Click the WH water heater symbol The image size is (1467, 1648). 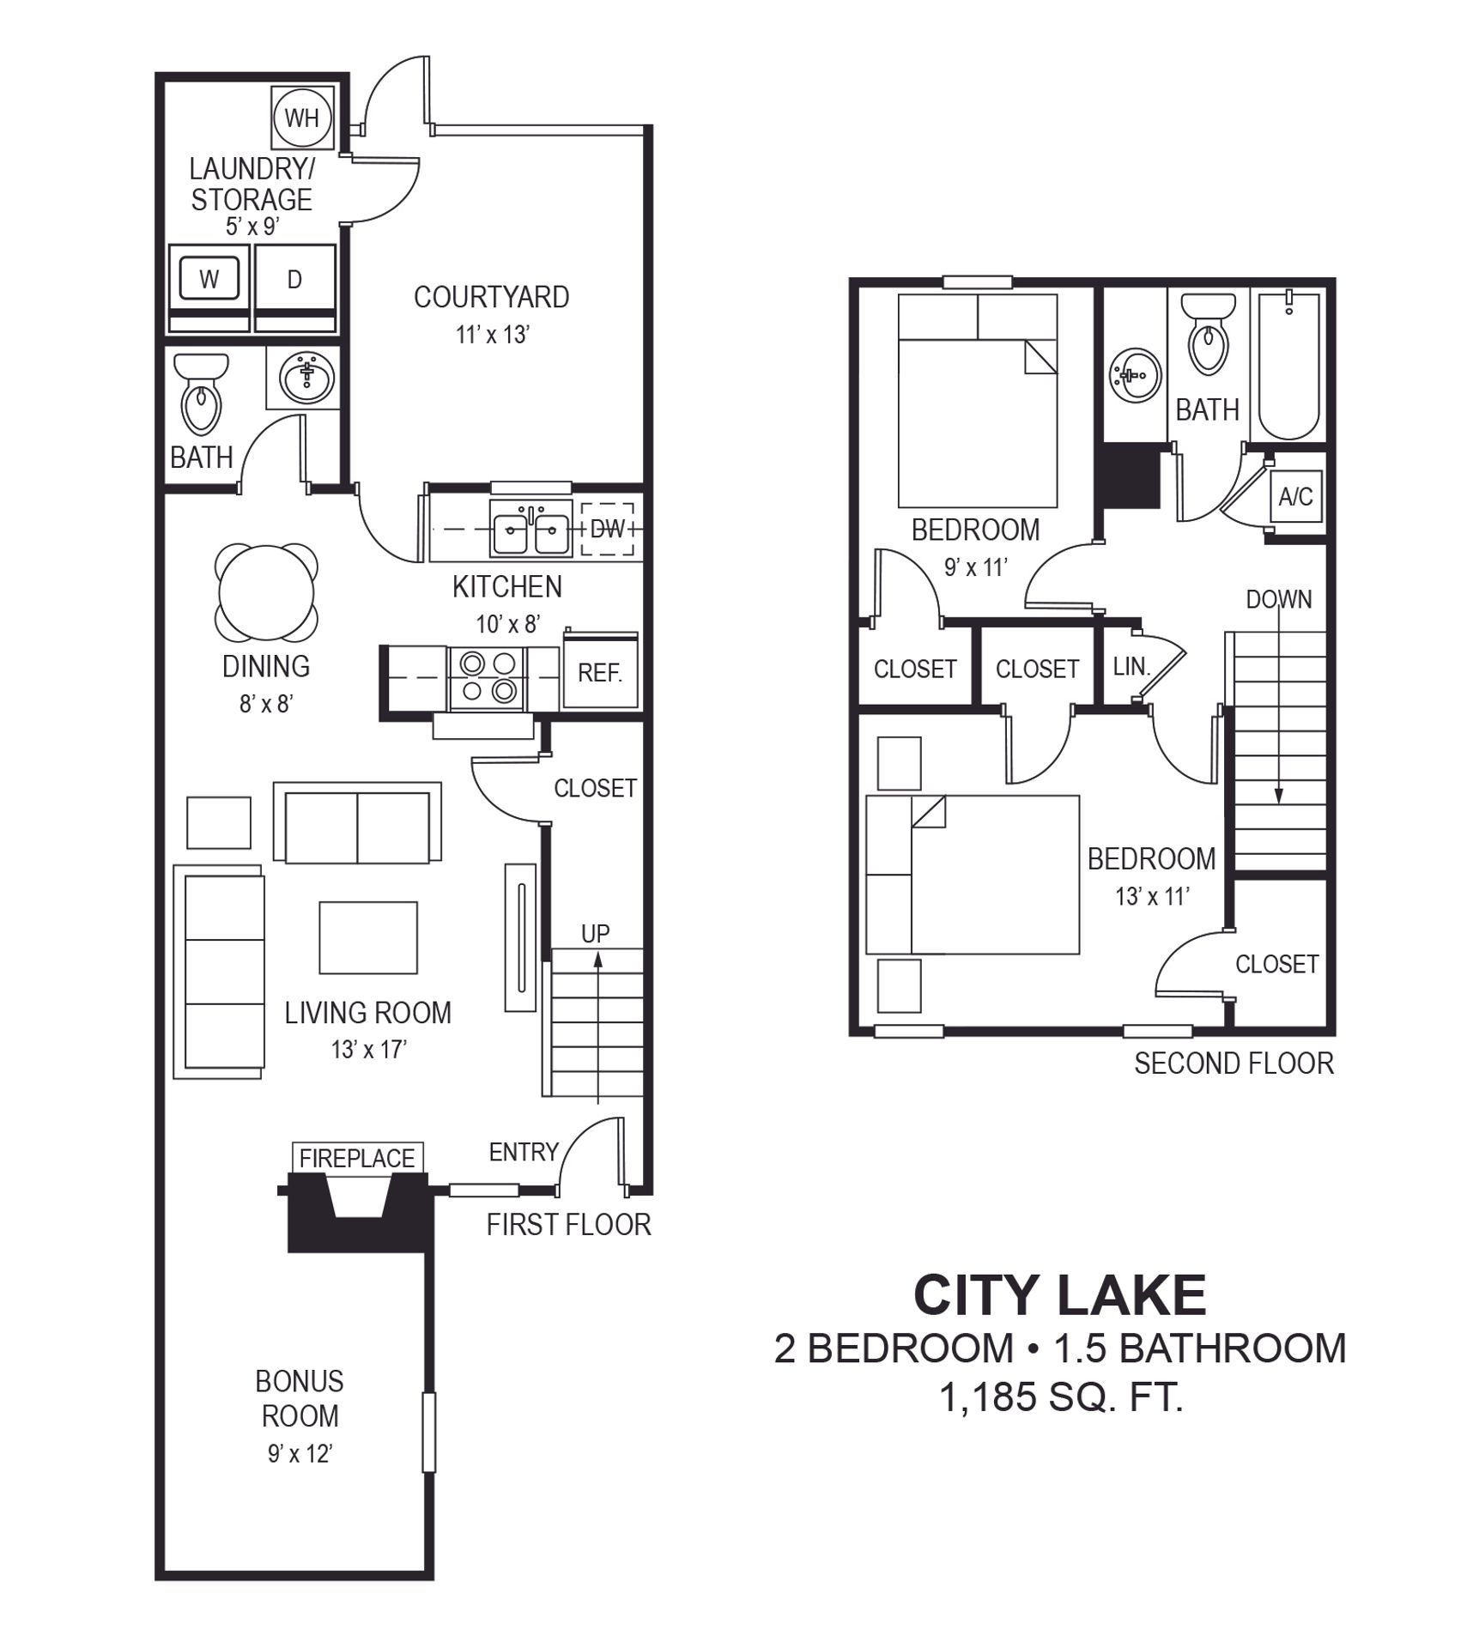[x=301, y=118]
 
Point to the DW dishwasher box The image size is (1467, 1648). [x=607, y=529]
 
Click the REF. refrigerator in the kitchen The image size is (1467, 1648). [x=600, y=671]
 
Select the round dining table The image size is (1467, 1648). [x=266, y=593]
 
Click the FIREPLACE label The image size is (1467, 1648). [x=357, y=1158]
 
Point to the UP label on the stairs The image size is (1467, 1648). [x=596, y=933]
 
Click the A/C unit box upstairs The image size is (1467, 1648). [x=1295, y=496]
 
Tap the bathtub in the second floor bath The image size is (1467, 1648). [x=1288, y=365]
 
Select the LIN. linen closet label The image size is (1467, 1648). [x=1131, y=666]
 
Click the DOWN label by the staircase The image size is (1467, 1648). [x=1279, y=599]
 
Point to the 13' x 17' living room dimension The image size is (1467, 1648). [x=369, y=1049]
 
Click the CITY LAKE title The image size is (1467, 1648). [x=1060, y=1294]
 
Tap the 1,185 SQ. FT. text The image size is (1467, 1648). [x=1062, y=1398]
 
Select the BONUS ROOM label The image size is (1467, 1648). [x=300, y=1398]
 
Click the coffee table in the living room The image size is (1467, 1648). [x=368, y=937]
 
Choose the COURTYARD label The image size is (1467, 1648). [x=492, y=297]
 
